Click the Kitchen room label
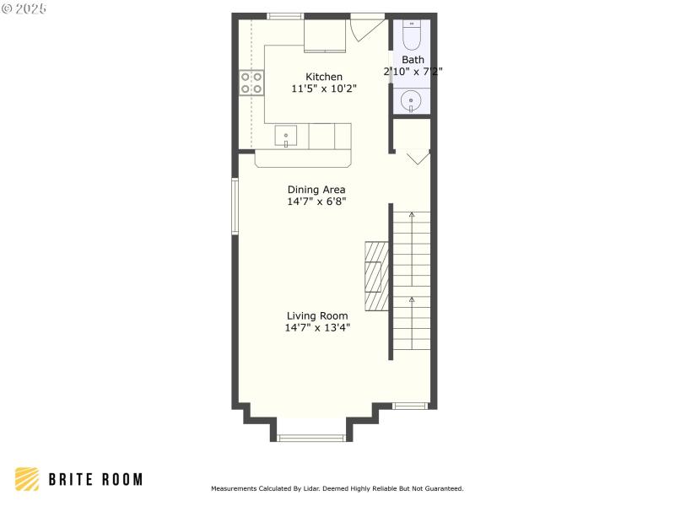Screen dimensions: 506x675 pyautogui.click(x=324, y=77)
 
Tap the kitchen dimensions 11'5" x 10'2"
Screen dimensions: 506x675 pyautogui.click(x=324, y=89)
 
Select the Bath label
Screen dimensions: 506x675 pyautogui.click(x=413, y=60)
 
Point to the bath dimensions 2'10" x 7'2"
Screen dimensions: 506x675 pyautogui.click(x=413, y=72)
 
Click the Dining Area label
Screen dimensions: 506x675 pyautogui.click(x=316, y=190)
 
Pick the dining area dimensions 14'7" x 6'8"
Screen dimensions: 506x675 pyautogui.click(x=316, y=202)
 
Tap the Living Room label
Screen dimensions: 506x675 pyautogui.click(x=316, y=316)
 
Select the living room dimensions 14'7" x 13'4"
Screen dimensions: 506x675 pyautogui.click(x=316, y=328)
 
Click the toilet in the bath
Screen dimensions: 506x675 pyautogui.click(x=412, y=35)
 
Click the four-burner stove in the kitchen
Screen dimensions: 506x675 pyautogui.click(x=251, y=82)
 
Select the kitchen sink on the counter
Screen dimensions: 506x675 pyautogui.click(x=286, y=136)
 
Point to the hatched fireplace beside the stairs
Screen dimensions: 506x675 pyautogui.click(x=376, y=277)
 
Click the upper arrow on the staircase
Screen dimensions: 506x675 pyautogui.click(x=412, y=216)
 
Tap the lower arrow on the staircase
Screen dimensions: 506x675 pyautogui.click(x=412, y=300)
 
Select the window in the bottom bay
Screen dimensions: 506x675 pyautogui.click(x=311, y=437)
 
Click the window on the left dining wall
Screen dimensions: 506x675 pyautogui.click(x=235, y=204)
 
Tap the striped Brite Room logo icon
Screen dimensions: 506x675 pyautogui.click(x=27, y=479)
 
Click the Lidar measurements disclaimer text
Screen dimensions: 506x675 pyautogui.click(x=337, y=488)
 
